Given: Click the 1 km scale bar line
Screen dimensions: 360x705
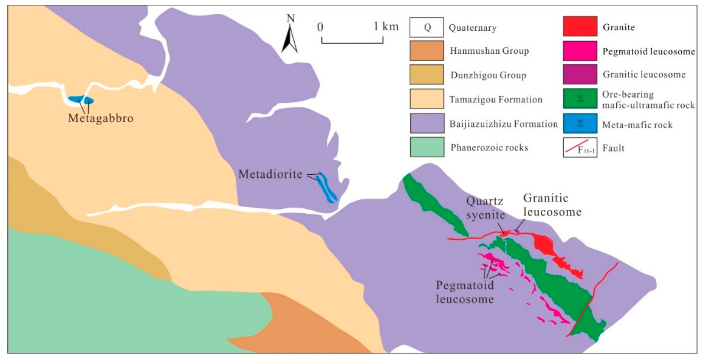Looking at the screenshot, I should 352,43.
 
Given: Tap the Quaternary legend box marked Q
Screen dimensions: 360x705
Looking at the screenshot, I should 426,27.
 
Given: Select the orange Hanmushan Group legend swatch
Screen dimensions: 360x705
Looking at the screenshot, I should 426,51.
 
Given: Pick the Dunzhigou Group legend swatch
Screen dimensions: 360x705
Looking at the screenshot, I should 426,75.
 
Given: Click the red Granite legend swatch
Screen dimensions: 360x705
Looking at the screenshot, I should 580,26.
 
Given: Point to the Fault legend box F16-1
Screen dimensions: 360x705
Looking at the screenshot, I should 580,148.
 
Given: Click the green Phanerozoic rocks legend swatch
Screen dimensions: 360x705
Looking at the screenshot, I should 427,147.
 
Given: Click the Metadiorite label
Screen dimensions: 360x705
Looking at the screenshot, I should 270,174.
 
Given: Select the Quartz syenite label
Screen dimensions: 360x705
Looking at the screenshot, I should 485,208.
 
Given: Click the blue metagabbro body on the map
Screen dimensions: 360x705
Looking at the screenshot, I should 81,100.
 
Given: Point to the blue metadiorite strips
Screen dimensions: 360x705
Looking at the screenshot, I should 327,189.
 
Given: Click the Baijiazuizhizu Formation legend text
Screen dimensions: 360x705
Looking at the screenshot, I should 503,124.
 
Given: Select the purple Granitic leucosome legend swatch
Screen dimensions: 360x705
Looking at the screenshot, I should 580,74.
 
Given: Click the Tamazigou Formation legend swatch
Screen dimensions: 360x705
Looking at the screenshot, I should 426,99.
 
